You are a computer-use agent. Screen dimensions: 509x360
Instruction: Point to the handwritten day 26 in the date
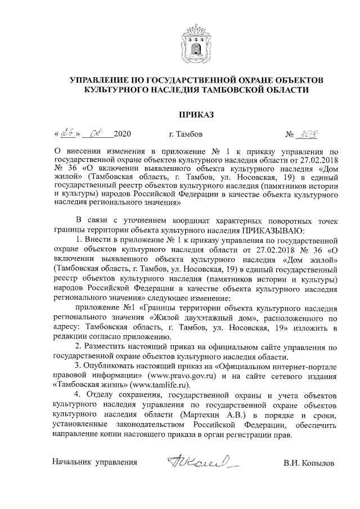pos(68,134)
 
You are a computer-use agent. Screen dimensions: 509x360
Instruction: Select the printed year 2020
pos(122,135)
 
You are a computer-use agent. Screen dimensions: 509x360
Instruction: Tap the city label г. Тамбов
pos(186,135)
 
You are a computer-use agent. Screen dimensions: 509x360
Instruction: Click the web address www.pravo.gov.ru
pos(179,376)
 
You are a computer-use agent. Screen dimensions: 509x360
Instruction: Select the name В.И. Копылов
pos(309,463)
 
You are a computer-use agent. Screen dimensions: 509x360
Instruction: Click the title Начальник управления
pos(94,463)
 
